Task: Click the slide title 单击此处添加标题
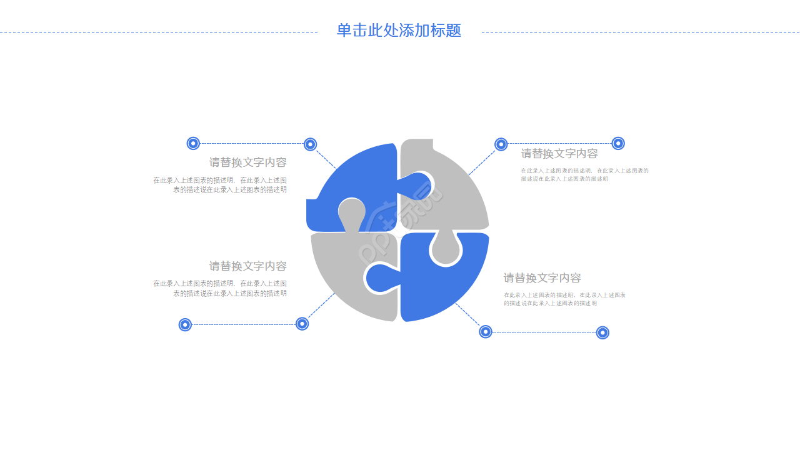pos(399,31)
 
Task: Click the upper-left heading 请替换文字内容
pos(248,162)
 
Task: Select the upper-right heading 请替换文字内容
pos(559,154)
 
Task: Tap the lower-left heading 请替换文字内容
pos(248,266)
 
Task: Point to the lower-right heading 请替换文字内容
pos(542,278)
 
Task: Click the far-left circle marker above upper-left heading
pos(193,144)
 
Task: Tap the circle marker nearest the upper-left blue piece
pos(310,144)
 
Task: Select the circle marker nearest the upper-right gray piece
pos(501,144)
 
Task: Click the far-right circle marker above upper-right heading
pos(618,144)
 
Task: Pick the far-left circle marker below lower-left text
pos(185,324)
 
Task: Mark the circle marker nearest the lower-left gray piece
pos(302,324)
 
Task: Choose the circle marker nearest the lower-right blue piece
pos(486,332)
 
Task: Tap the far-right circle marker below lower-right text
pos(602,332)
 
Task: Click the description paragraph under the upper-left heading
pos(220,185)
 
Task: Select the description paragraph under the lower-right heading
pos(565,299)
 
